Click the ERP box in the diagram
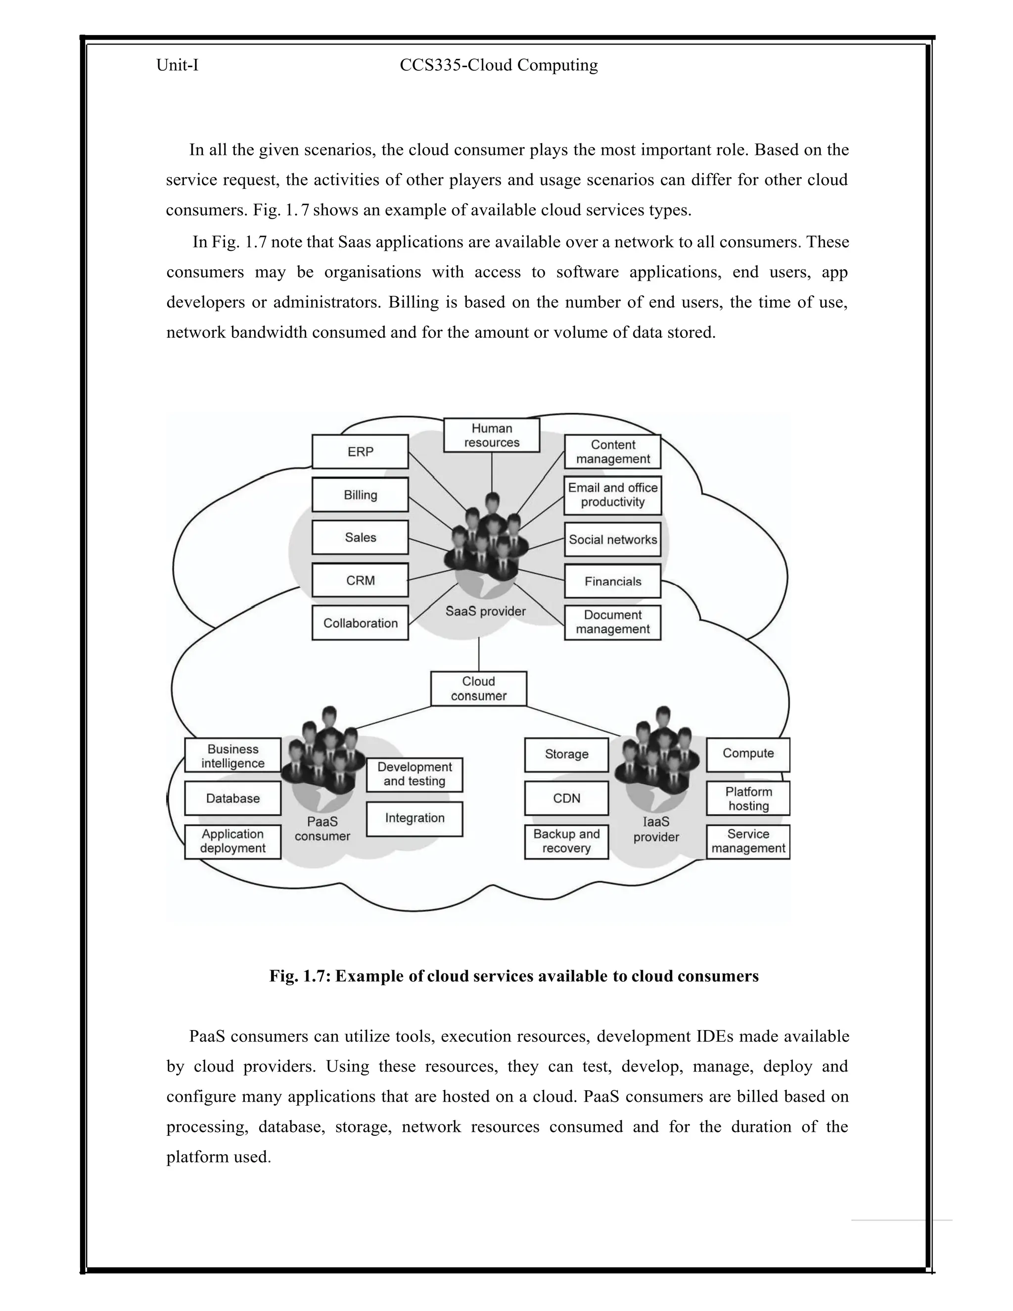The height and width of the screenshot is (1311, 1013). [x=360, y=451]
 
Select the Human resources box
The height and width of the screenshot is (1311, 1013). [x=492, y=435]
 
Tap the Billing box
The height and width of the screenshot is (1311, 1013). [x=360, y=495]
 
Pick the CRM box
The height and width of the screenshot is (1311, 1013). [x=360, y=580]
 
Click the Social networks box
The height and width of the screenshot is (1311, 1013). [x=613, y=539]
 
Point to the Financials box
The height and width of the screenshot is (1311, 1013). [x=613, y=581]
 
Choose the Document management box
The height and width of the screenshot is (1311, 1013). [x=613, y=622]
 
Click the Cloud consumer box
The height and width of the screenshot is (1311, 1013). [x=479, y=689]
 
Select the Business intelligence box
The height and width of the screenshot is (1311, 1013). [x=233, y=756]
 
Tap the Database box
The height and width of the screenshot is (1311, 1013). [x=233, y=798]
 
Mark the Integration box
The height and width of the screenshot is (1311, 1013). [x=414, y=818]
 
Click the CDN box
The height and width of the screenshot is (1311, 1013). [x=566, y=798]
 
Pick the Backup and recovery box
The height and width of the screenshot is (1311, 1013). [x=566, y=841]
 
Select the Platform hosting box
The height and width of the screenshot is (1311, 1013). [x=748, y=798]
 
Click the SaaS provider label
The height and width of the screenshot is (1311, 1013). [x=486, y=611]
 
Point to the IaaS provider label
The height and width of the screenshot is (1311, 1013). [x=656, y=829]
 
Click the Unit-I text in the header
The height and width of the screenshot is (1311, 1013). [x=178, y=65]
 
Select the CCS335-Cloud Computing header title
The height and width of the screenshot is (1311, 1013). [x=499, y=65]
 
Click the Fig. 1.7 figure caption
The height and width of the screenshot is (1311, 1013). [x=514, y=976]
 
